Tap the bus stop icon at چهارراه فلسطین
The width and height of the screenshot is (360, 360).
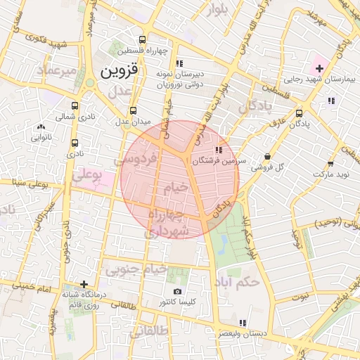coord(143,39)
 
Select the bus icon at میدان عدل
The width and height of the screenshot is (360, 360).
coord(134,110)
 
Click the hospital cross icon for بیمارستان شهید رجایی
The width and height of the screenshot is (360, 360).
coord(320,68)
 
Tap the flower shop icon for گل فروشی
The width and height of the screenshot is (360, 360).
coord(267,157)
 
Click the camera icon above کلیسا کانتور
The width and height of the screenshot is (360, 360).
coord(177,291)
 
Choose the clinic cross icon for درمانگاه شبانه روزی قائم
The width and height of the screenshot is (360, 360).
coord(84,284)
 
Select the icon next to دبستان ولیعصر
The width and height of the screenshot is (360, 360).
coord(243,322)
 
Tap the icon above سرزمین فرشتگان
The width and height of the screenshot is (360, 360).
coord(219,149)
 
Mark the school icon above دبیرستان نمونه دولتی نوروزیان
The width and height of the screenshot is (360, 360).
coord(179,63)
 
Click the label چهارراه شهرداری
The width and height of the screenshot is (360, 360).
coord(169,222)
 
